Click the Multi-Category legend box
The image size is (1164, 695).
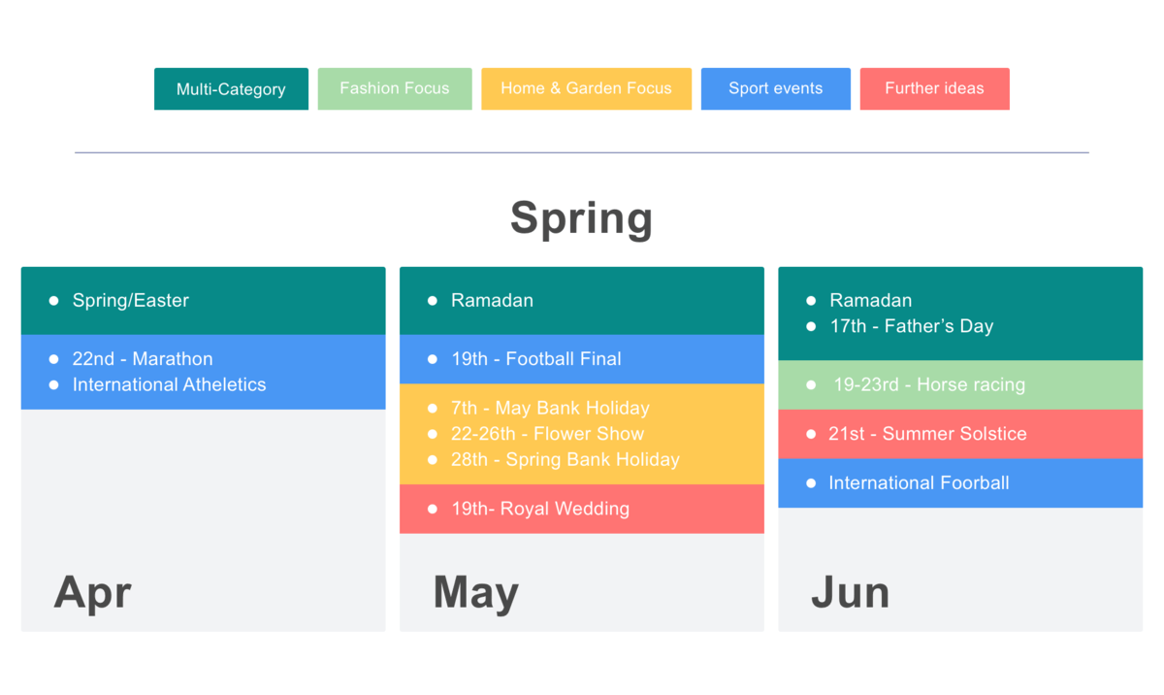click(x=231, y=89)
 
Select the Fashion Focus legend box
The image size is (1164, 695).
click(x=395, y=89)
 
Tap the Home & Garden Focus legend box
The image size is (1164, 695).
click(x=586, y=89)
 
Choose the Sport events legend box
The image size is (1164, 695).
click(x=776, y=89)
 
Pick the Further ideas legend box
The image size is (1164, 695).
click(x=935, y=89)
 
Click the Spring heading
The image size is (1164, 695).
click(x=581, y=218)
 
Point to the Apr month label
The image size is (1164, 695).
click(x=92, y=593)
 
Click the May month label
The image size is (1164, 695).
click(x=476, y=593)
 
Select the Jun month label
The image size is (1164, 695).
click(x=851, y=592)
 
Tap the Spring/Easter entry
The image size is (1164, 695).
click(x=130, y=301)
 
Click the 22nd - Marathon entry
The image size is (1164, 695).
click(x=143, y=359)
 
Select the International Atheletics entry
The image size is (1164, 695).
click(x=169, y=384)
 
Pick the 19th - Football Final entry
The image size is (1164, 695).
click(x=535, y=359)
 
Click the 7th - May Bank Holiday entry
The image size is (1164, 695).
click(x=550, y=409)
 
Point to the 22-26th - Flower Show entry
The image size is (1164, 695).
click(x=547, y=434)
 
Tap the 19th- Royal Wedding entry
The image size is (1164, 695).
click(x=540, y=509)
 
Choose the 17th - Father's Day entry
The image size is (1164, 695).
click(x=912, y=326)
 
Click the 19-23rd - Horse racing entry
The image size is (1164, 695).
click(x=929, y=384)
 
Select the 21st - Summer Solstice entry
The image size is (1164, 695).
click(x=927, y=434)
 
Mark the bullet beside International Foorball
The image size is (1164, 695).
click(x=811, y=483)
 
